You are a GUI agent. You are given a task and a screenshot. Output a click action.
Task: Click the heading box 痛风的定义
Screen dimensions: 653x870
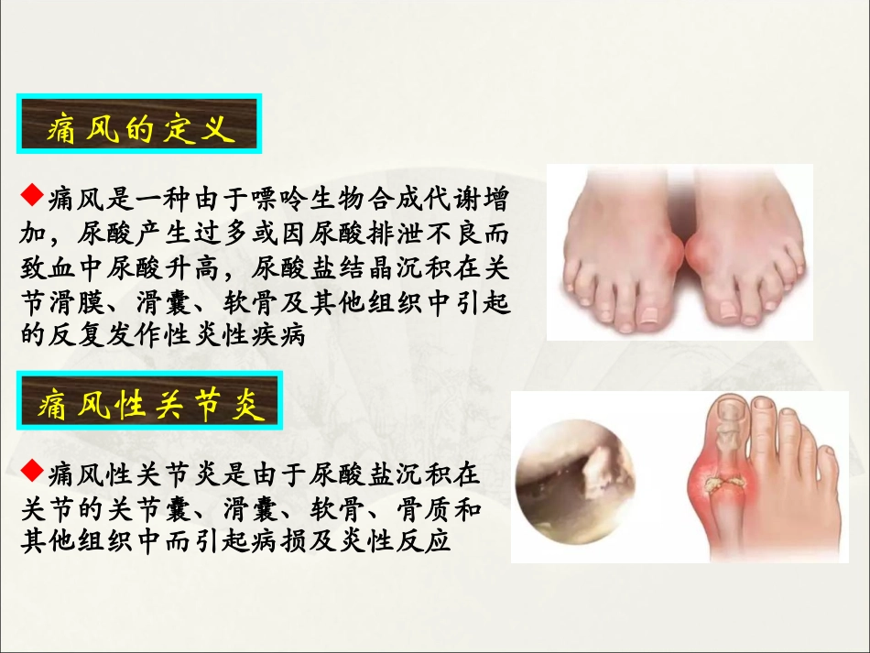click(x=139, y=125)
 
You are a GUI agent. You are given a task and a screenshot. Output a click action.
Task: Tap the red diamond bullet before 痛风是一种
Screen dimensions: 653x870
click(x=32, y=190)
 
